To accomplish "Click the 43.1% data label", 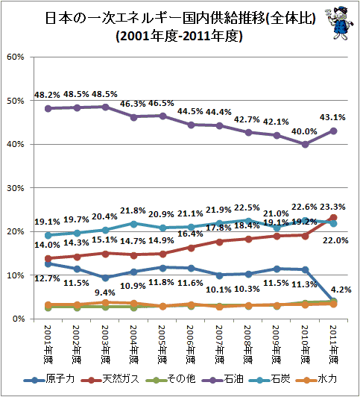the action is tap(332, 117).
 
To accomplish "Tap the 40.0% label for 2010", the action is tap(304, 131).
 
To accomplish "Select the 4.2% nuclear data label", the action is tap(341, 290).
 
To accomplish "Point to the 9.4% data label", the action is tap(105, 293).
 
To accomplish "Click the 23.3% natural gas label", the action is tap(332, 207).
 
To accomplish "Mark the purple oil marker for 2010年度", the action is tap(305, 144).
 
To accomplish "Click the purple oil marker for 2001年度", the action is tap(48, 109).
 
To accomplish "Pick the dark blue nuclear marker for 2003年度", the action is tap(106, 278).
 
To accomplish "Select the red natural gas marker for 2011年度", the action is tap(334, 217).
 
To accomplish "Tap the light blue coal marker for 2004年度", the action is tap(134, 224).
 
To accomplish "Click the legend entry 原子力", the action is tap(49, 379).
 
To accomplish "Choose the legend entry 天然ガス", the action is tap(110, 379).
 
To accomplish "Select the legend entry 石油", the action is tap(223, 379).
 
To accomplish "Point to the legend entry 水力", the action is tap(317, 379).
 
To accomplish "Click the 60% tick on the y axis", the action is tap(16, 57).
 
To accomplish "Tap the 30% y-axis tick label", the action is tap(16, 188).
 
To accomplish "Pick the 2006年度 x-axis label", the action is tap(191, 344).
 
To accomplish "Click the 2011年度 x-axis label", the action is tap(334, 344).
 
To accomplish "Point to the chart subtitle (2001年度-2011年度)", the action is tap(179, 36).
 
